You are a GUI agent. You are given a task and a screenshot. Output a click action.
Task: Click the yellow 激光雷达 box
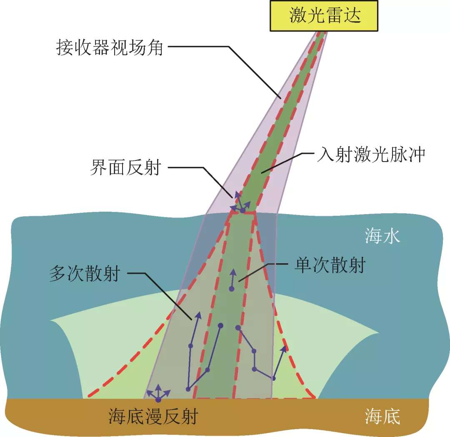coord(325,16)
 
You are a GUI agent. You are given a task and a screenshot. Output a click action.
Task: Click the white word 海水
coord(382,237)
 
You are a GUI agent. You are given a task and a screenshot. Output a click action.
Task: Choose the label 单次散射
coord(330,265)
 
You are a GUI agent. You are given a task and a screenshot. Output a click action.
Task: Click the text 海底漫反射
coord(152,416)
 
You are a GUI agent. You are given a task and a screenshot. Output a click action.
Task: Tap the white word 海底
coord(382,416)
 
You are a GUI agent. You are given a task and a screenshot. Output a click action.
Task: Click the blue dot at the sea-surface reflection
coord(242,210)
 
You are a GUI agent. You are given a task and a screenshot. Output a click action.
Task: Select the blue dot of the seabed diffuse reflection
coord(158,400)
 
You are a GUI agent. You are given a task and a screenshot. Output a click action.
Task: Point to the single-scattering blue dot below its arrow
coord(231,288)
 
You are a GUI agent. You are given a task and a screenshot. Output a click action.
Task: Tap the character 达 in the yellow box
coord(351,16)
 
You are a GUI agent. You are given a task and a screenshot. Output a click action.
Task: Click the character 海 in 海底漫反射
coord(117,416)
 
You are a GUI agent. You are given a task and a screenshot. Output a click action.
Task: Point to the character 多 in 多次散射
coord(58,275)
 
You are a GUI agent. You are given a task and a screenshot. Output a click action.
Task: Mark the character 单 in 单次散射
coord(303,265)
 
